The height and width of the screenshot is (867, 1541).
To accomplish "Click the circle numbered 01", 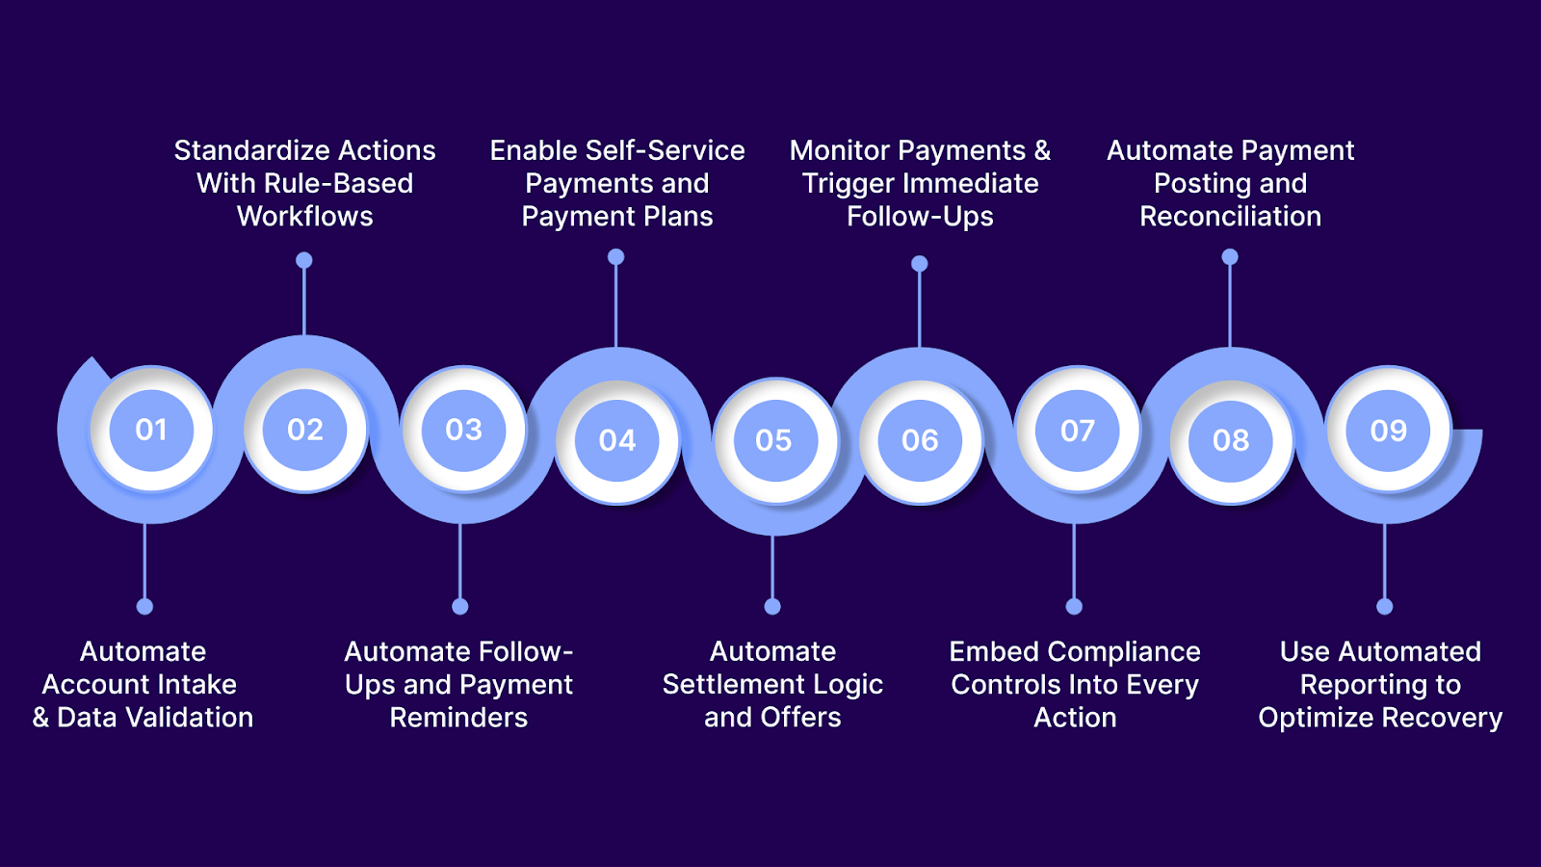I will click(151, 430).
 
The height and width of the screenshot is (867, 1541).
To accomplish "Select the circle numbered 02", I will click(305, 430).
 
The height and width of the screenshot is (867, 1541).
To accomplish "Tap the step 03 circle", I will click(463, 430).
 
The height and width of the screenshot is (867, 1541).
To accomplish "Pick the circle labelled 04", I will click(617, 440).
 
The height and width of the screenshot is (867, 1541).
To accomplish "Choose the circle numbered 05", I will click(773, 440).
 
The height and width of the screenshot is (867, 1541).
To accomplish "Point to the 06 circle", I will click(920, 440).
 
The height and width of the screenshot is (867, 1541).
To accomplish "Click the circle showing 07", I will click(1078, 430).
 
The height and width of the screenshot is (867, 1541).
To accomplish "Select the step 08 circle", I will click(1231, 440).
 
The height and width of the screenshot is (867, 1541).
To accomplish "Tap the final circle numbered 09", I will click(1389, 430).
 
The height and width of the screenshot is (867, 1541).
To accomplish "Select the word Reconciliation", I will click(1231, 216).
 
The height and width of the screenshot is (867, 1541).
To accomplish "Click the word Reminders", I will click(458, 717).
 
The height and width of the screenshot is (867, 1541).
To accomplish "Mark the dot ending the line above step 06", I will click(920, 263).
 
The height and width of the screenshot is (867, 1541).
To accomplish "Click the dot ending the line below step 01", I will click(144, 606).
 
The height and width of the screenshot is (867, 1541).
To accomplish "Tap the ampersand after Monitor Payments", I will click(1042, 150).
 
